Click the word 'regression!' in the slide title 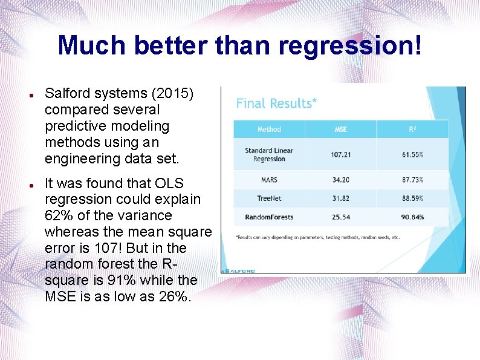point(362,46)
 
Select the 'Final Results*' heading point(276,103)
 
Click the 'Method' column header point(269,129)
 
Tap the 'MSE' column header point(341,129)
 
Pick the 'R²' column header point(413,129)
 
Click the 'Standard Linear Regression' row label point(269,155)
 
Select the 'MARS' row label point(269,180)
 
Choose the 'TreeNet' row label point(269,198)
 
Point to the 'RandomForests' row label point(269,217)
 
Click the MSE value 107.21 point(341,155)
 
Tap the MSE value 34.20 point(341,180)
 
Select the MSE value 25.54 point(341,217)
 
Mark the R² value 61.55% point(413,155)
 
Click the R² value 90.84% point(413,217)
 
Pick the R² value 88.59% point(413,198)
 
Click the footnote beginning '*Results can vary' point(317,237)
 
